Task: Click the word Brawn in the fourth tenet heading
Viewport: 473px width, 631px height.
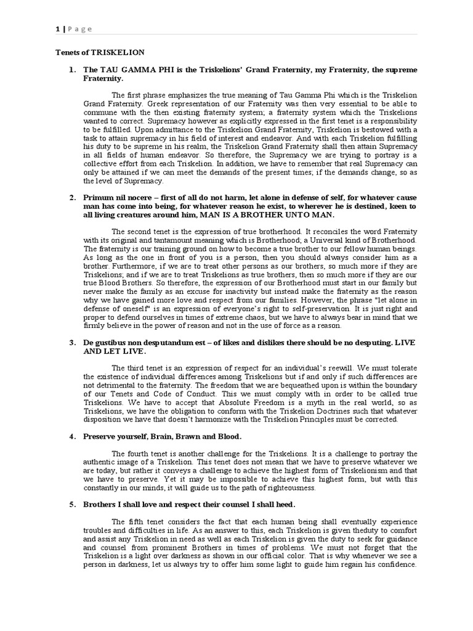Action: (x=188, y=436)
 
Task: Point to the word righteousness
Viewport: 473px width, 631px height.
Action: (x=286, y=487)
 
